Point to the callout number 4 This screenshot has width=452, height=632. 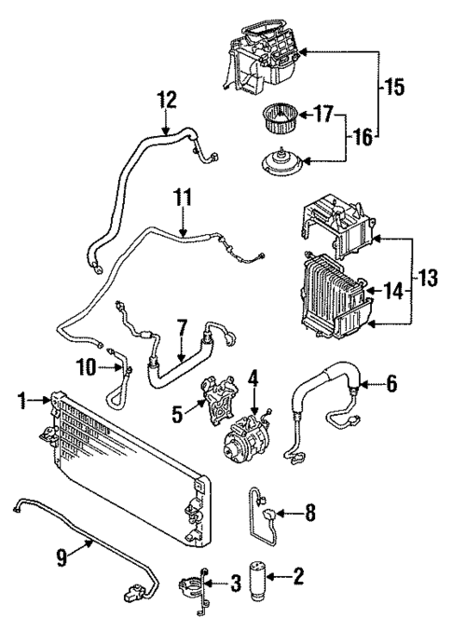(252, 379)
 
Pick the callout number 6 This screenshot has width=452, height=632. (391, 383)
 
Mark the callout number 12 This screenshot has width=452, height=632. (166, 99)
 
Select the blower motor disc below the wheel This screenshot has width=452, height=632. (277, 164)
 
